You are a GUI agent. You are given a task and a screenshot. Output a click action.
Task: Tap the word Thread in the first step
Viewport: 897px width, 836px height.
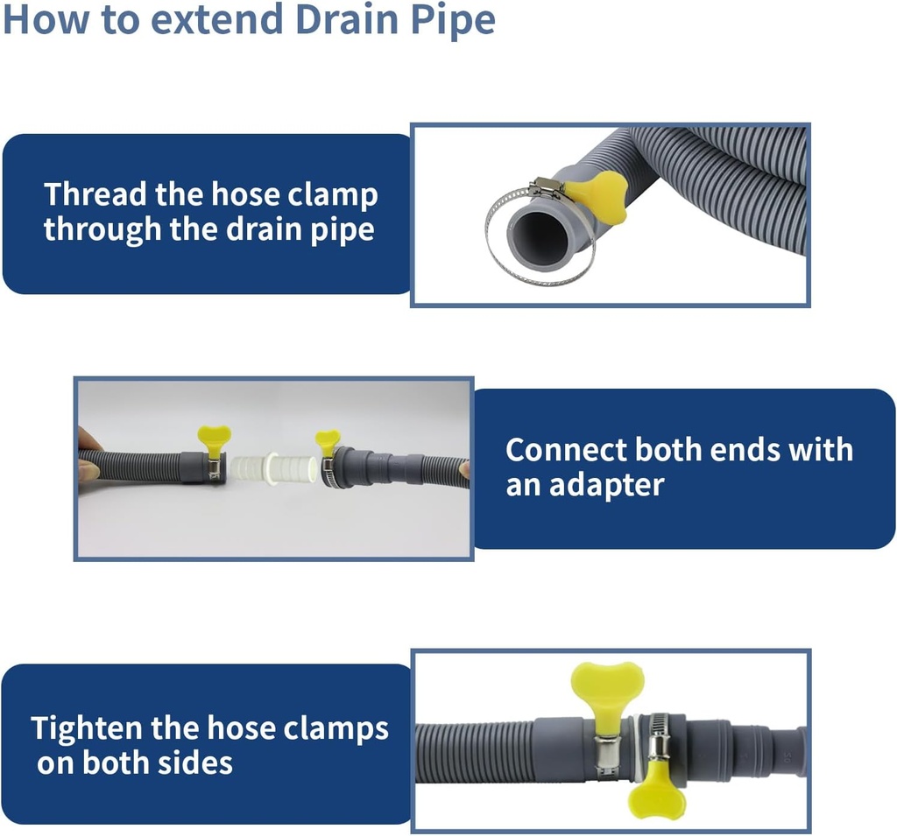click(95, 193)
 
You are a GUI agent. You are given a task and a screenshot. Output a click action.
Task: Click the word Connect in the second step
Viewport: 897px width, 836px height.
click(566, 450)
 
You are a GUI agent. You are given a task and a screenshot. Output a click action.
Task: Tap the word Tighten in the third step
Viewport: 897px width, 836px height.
click(86, 728)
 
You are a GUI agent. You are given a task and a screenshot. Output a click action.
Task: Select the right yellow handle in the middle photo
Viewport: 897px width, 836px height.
click(328, 440)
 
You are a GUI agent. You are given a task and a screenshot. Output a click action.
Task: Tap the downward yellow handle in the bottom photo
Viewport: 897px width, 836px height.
click(657, 793)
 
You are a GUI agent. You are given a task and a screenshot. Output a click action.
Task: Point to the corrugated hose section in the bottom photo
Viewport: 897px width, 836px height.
click(473, 753)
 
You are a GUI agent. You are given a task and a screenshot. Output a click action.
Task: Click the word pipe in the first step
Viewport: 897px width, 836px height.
click(348, 229)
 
